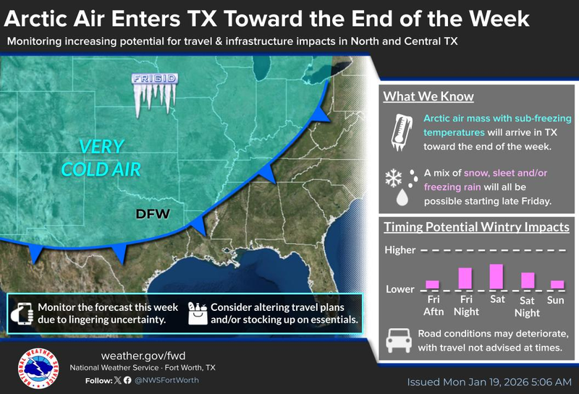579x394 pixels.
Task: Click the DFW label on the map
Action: tap(152, 214)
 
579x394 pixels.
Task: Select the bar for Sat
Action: tap(496, 276)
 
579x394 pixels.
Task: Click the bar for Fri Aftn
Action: tap(432, 284)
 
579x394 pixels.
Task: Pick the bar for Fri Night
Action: tap(465, 278)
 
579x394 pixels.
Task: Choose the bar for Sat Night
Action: tap(528, 280)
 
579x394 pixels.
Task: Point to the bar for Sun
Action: tap(557, 284)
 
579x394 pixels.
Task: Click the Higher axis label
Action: tap(400, 251)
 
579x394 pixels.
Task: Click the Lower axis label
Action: tap(400, 289)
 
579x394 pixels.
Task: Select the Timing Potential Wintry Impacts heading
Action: tap(476, 227)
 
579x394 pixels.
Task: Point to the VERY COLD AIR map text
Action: tap(111, 157)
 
